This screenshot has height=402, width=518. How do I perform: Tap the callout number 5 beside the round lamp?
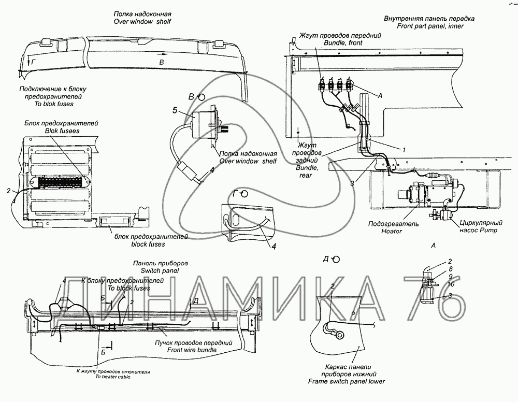[175, 110]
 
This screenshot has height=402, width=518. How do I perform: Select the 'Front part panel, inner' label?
[429, 25]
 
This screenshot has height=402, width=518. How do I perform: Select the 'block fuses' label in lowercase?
[148, 243]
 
